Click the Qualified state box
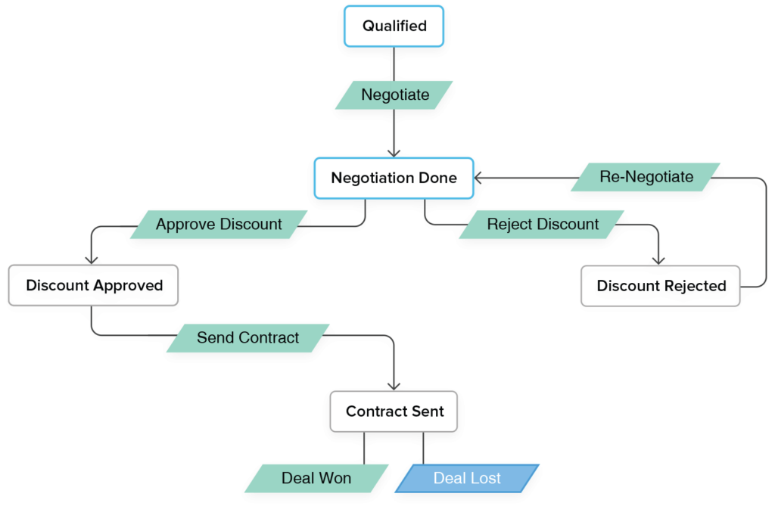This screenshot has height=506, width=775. click(394, 26)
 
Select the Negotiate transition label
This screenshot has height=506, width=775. click(394, 95)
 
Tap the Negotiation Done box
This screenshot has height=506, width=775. click(394, 178)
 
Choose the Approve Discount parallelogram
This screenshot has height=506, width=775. click(219, 225)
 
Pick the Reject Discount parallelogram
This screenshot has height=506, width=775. click(543, 225)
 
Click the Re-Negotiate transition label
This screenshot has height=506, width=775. click(646, 177)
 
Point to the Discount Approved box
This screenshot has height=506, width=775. click(94, 285)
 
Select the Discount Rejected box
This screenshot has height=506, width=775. click(661, 286)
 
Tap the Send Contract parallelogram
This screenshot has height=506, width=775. click(247, 338)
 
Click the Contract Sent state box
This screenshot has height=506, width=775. click(394, 411)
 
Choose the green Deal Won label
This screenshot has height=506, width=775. click(316, 479)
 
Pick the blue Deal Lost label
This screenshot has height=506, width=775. click(467, 479)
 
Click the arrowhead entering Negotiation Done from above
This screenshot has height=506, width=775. click(394, 152)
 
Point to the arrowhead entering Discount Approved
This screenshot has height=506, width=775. click(92, 259)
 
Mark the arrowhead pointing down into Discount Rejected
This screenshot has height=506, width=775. click(658, 259)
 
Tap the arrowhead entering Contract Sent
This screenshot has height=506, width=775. click(394, 385)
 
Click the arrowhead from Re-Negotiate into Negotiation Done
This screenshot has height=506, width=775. click(480, 178)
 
